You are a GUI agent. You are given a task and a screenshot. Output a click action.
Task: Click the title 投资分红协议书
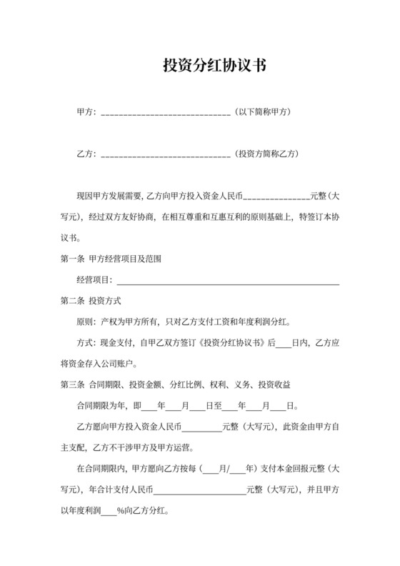click(199, 66)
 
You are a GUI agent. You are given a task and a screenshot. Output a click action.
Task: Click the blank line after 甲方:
click(166, 113)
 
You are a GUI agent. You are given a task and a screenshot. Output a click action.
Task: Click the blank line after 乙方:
click(166, 154)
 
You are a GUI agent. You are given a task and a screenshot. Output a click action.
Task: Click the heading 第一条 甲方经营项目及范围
click(110, 259)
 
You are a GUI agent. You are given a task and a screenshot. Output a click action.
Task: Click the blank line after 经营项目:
click(229, 280)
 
